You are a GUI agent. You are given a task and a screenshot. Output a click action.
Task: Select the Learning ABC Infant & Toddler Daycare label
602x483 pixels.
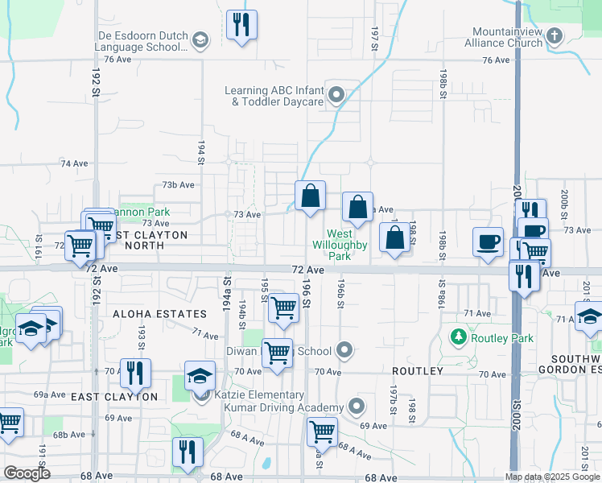274,96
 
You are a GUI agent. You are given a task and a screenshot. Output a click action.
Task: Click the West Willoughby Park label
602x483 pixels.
340,245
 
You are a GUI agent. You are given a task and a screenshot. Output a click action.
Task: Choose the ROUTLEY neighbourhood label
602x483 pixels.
417,371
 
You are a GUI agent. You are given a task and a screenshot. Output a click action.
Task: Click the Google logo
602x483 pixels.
27,473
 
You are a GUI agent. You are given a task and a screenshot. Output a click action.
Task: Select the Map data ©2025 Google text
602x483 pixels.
551,477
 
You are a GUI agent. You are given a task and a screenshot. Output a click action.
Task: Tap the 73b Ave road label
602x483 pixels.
179,184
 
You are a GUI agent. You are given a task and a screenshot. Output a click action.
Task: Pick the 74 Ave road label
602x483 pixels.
74,163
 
